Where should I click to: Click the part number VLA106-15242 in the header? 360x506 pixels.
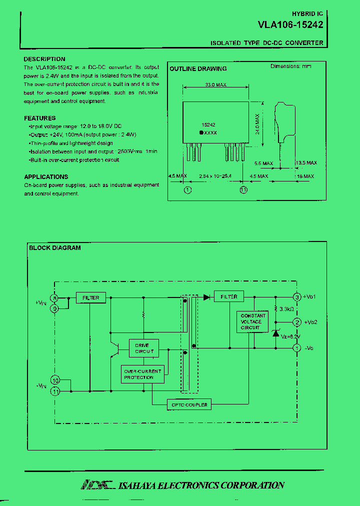point(290,24)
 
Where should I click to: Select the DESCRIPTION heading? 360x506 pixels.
point(44,59)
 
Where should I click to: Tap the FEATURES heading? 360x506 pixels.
point(40,118)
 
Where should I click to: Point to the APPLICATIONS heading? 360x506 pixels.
point(46,176)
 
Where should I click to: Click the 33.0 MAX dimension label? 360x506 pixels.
point(215,85)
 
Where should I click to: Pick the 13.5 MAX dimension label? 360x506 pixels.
point(306,163)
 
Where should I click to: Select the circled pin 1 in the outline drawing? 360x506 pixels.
point(187,190)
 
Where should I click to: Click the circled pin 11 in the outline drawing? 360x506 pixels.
point(243,190)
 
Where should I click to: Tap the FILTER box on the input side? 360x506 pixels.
point(90,297)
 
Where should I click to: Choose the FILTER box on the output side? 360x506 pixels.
point(229,296)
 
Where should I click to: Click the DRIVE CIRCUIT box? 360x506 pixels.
point(144,348)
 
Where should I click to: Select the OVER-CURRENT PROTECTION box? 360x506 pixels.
point(142,374)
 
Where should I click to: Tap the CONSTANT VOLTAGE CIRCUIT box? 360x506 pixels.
point(253,321)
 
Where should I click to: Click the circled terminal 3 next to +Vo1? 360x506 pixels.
point(296,297)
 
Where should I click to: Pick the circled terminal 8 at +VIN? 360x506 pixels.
point(55,298)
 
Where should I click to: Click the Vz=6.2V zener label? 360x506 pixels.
point(290,336)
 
